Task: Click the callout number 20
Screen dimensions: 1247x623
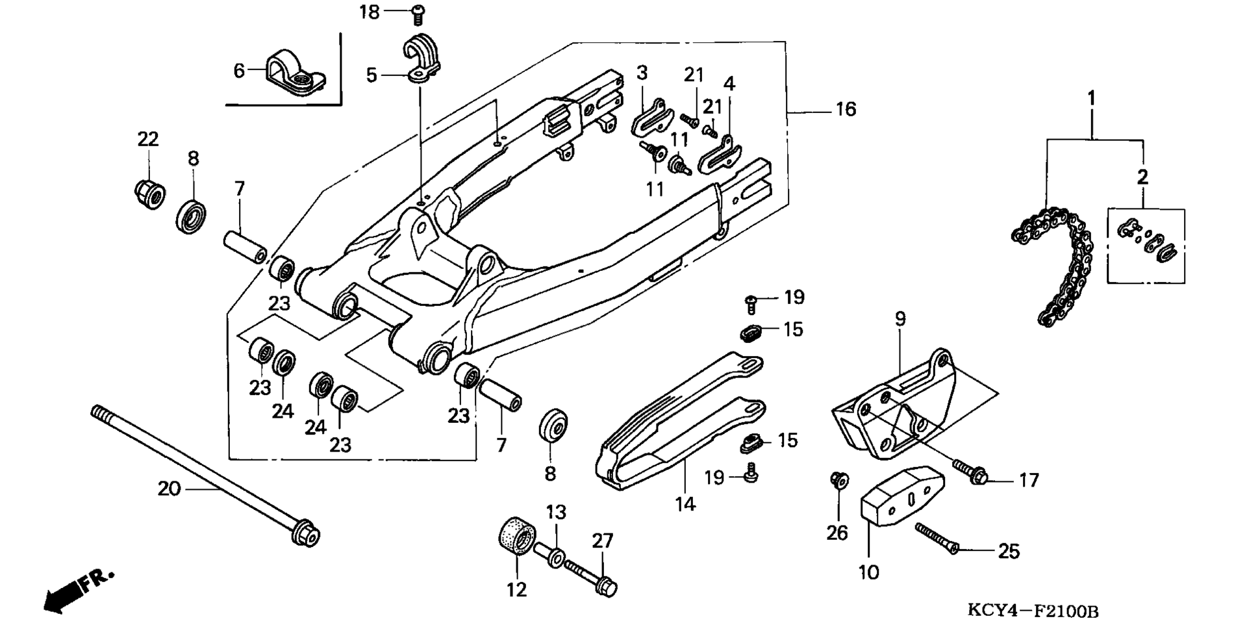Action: tap(169, 488)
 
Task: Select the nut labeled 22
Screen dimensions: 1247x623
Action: tap(149, 194)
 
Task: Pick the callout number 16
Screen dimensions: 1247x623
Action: tap(846, 109)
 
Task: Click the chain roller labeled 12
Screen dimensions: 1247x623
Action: tap(517, 535)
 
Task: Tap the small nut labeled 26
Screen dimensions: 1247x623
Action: tap(839, 481)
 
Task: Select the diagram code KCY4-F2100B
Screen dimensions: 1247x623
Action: tap(1033, 611)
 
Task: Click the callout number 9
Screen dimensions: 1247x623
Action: tap(900, 319)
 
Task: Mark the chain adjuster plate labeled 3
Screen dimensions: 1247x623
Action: tap(649, 117)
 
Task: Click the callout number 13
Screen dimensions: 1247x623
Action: tap(556, 513)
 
